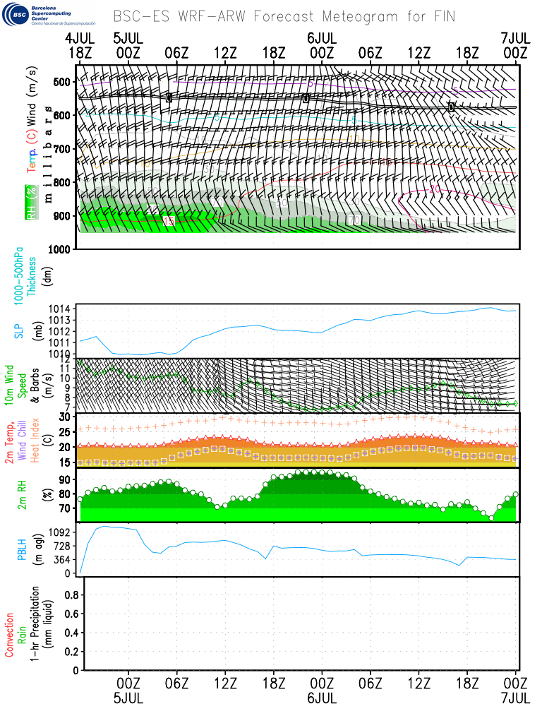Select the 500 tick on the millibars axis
(x=63, y=82)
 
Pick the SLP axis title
(x=19, y=330)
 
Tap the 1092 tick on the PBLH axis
(x=61, y=531)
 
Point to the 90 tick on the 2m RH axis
(x=65, y=479)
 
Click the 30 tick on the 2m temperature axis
(x=65, y=417)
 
